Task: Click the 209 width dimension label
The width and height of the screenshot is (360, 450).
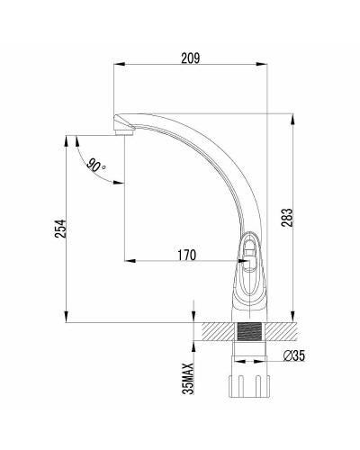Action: tap(190, 58)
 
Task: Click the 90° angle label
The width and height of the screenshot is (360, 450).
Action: tap(95, 165)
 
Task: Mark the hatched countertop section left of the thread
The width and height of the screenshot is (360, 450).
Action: tap(218, 331)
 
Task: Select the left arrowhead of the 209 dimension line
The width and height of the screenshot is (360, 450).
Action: tap(118, 67)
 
